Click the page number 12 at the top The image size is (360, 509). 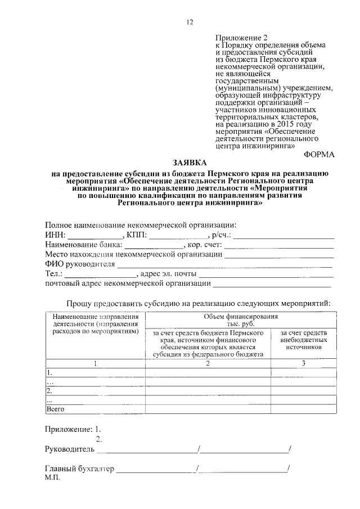pos(190,22)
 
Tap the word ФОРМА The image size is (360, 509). pos(319,154)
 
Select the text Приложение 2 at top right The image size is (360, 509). pos(237,37)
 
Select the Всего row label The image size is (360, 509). pos(55,409)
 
